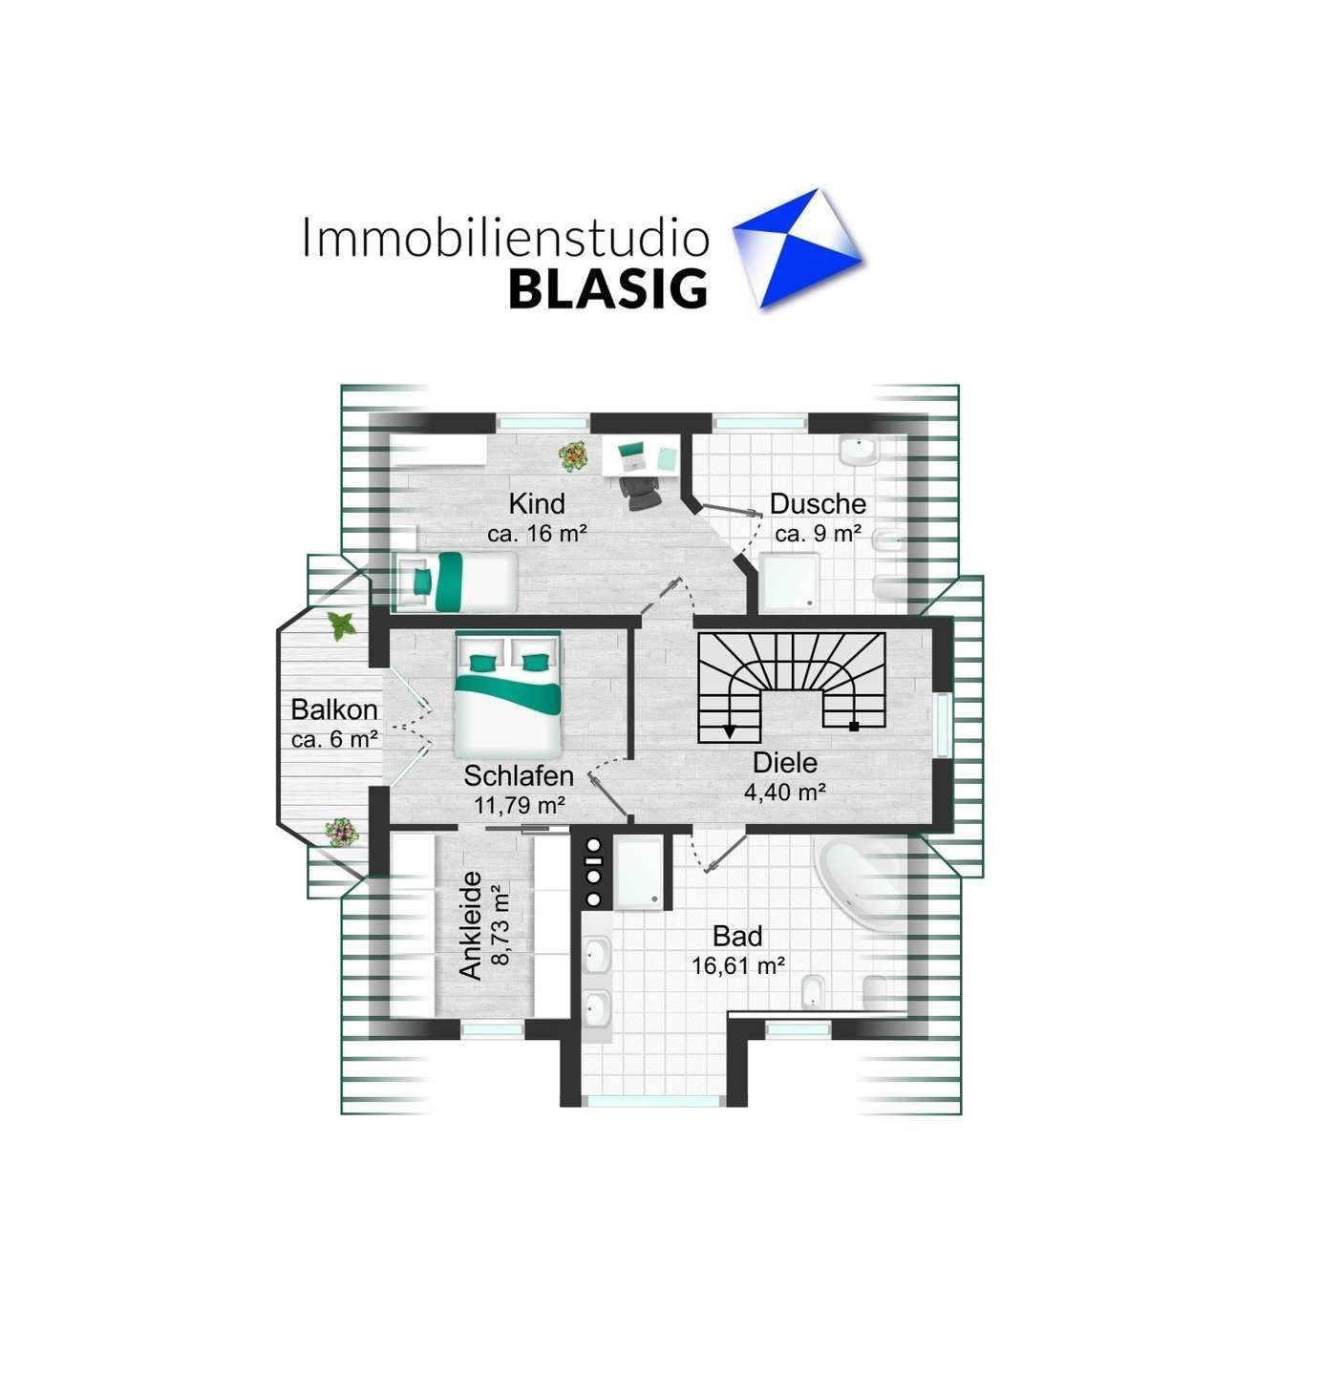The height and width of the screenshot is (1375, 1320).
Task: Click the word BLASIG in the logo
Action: [x=607, y=289]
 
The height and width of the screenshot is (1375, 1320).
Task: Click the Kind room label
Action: [x=536, y=503]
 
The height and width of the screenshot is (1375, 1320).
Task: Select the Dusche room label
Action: [x=818, y=503]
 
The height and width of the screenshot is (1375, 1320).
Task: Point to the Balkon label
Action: [x=334, y=709]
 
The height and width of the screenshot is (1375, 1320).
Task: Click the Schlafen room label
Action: [x=519, y=775]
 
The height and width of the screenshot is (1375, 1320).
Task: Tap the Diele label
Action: [x=785, y=762]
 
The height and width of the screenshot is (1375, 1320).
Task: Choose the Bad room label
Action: [x=737, y=936]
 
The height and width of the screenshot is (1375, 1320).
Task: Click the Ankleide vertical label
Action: [x=471, y=925]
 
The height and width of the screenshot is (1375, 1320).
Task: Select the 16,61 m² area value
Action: [x=738, y=966]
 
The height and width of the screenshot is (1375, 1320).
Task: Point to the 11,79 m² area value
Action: [x=520, y=805]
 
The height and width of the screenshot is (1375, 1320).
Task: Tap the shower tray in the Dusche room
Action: [x=789, y=583]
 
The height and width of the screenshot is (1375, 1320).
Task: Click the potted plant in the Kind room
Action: [x=573, y=457]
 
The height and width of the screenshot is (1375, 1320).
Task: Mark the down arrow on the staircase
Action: [x=730, y=731]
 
